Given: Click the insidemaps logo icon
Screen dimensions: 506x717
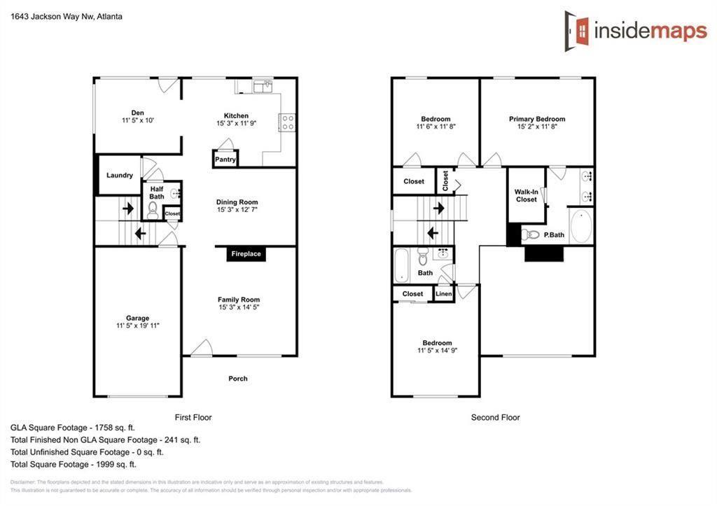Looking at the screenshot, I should [576, 31].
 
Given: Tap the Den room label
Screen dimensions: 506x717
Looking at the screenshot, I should [137, 112].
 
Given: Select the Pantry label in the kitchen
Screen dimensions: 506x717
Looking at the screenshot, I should [225, 160].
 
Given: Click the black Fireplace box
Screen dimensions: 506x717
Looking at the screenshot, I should [246, 254].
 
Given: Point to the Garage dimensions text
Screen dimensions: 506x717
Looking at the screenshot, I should [138, 325].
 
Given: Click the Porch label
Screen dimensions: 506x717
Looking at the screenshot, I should [238, 379].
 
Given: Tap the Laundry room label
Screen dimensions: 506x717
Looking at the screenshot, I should [120, 175].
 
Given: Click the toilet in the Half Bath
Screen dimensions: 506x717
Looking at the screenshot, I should [153, 209].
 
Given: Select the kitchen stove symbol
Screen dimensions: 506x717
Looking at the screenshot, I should [287, 123].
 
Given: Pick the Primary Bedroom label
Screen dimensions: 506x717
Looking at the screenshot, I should [537, 119].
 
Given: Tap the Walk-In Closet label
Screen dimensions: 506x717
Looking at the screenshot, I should [526, 195].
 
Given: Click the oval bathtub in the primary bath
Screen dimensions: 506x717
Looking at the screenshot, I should [580, 225].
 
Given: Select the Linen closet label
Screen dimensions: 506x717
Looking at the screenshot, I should [444, 294].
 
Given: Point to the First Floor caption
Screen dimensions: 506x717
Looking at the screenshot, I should [193, 417].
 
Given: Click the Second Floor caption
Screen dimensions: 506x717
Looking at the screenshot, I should [495, 417].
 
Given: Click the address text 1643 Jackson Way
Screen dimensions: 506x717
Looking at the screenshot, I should [66, 16].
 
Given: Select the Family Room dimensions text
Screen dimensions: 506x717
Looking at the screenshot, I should [239, 307].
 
